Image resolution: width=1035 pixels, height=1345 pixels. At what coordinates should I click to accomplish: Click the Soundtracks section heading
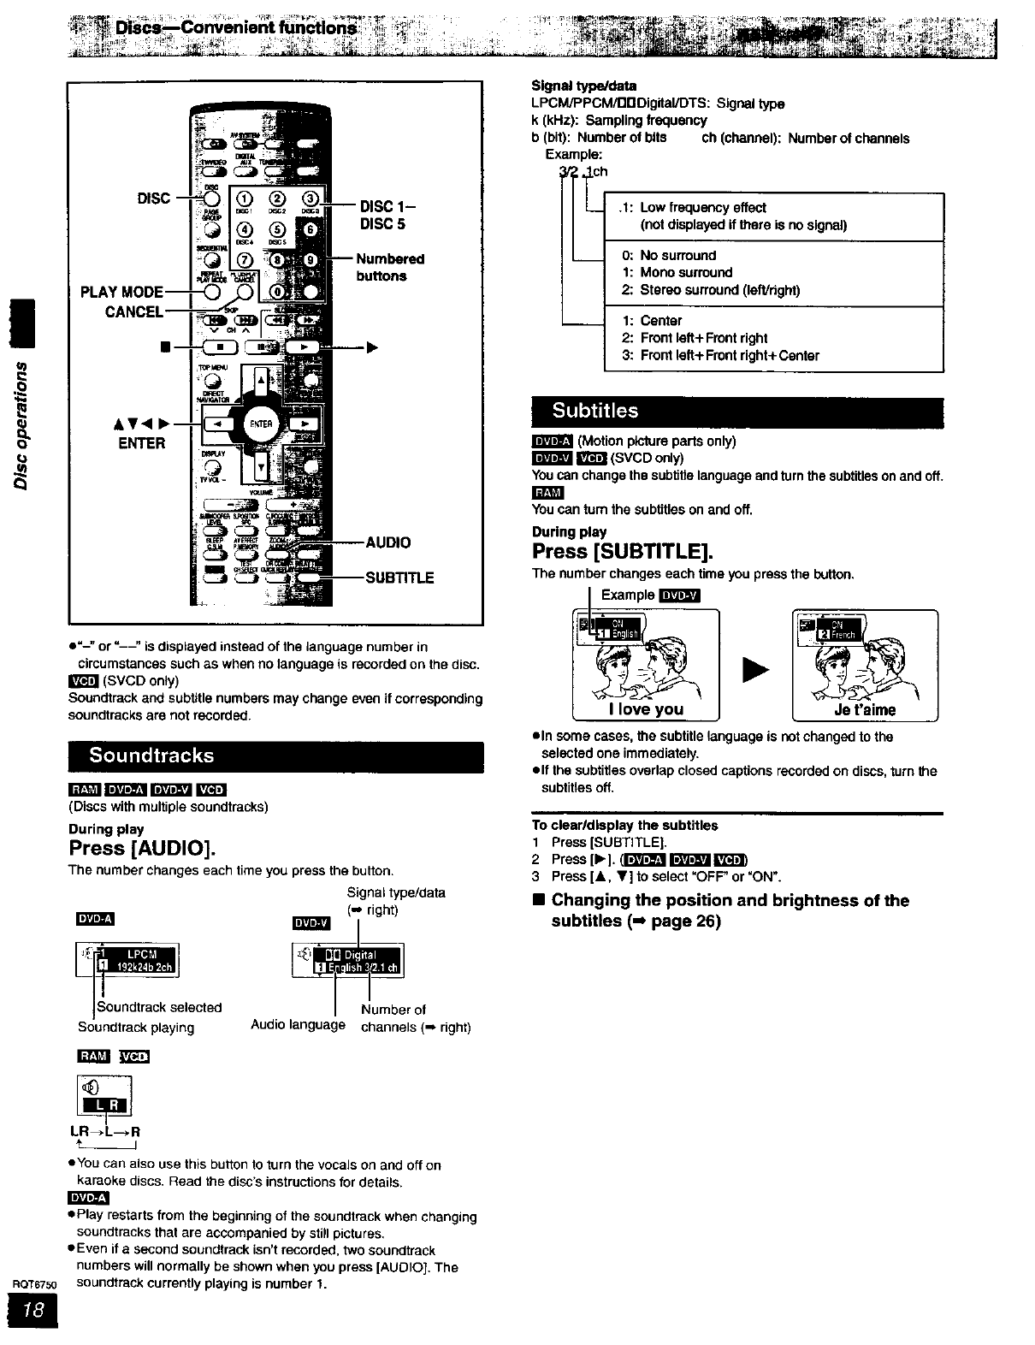click(x=152, y=755)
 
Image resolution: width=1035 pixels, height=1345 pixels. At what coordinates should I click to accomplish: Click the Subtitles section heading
click(x=595, y=411)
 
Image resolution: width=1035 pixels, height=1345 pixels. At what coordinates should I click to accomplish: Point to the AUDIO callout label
click(x=387, y=542)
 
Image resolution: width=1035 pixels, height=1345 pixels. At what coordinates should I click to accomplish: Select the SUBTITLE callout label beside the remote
click(x=399, y=578)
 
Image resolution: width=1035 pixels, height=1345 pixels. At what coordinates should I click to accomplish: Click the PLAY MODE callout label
click(x=121, y=293)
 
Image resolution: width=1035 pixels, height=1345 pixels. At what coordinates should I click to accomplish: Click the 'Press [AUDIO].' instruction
click(x=142, y=849)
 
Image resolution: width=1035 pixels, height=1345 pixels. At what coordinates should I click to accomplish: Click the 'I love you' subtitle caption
click(x=646, y=709)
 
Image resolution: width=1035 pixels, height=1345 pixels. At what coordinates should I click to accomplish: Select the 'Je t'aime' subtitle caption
click(x=865, y=709)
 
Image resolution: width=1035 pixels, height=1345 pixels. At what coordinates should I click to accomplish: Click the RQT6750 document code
click(x=33, y=1284)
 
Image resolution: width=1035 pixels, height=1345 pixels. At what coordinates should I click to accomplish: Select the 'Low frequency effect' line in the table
click(x=702, y=208)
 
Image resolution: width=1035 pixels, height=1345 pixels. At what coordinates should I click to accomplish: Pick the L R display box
click(x=104, y=1105)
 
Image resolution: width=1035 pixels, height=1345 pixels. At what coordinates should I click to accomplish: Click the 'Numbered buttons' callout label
click(x=390, y=267)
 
